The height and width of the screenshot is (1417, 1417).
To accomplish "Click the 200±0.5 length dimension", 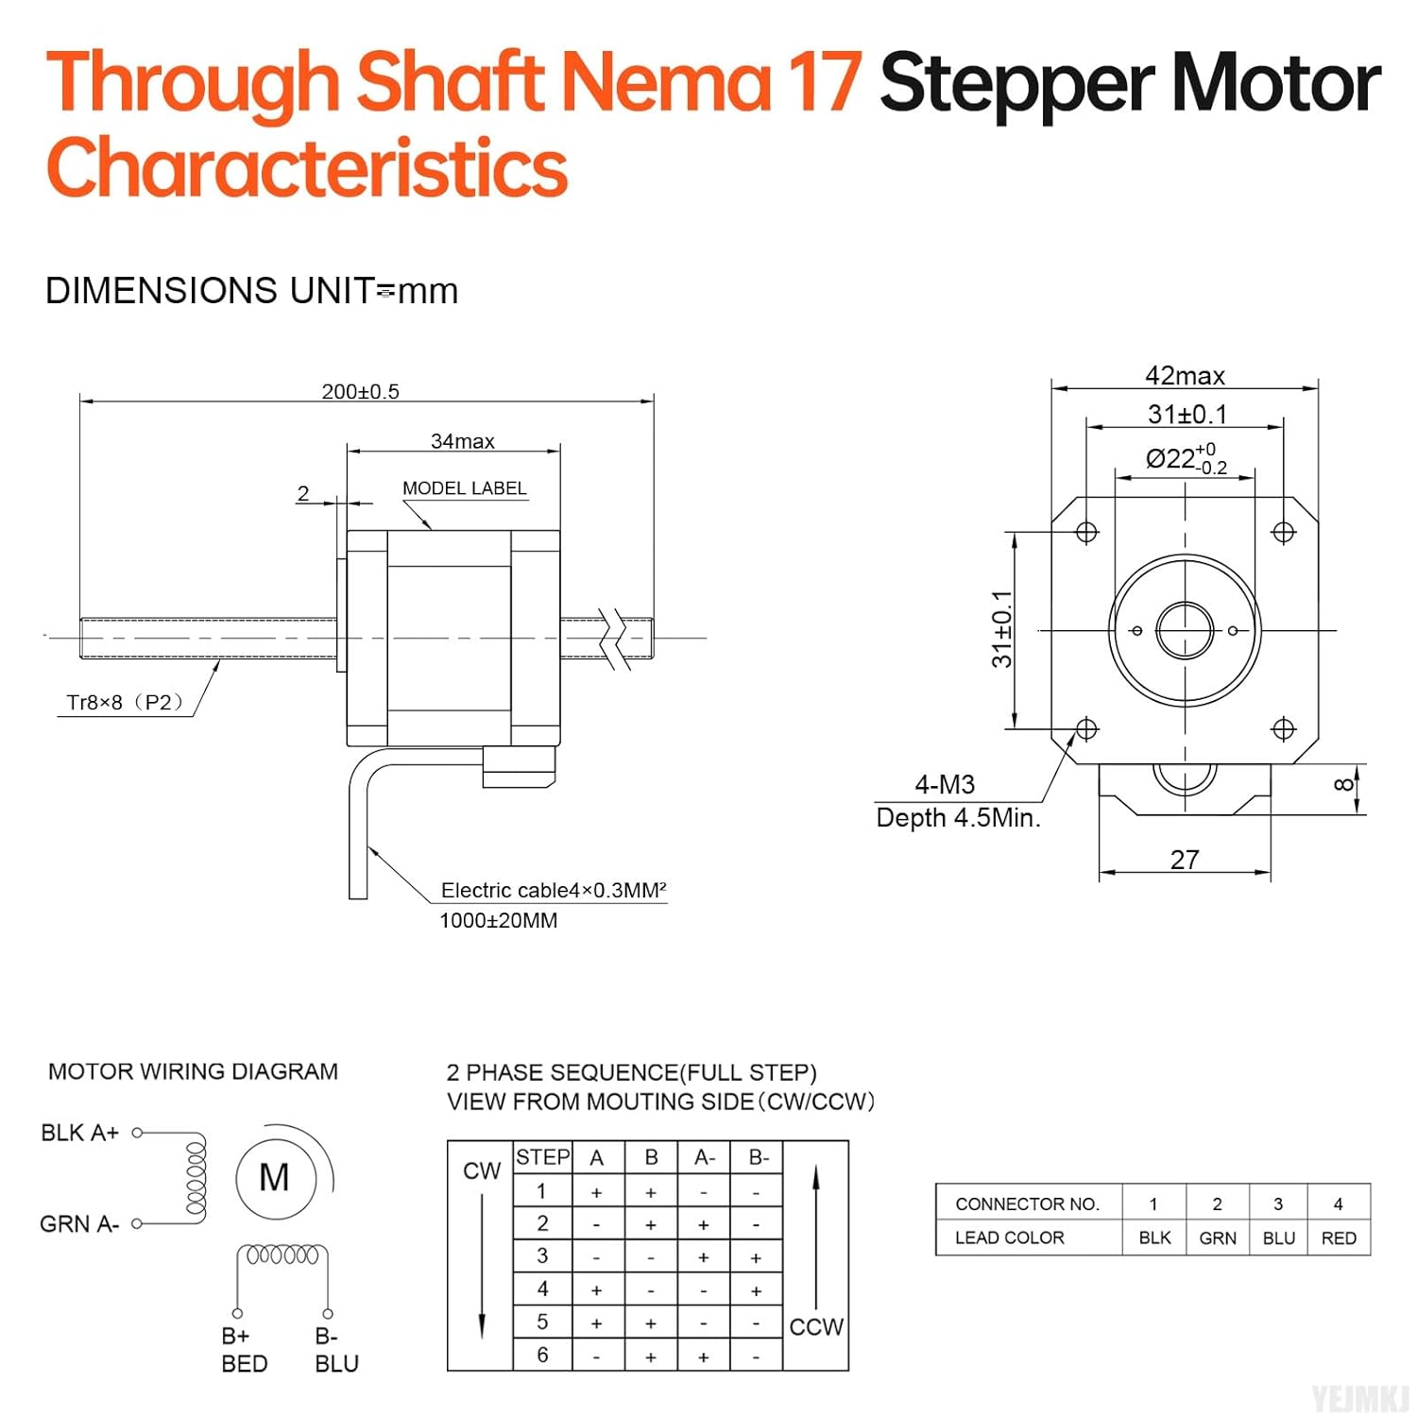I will [360, 391].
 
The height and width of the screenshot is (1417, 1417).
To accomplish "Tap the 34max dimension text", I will [462, 441].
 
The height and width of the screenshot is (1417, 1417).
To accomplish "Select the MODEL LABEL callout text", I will [464, 488].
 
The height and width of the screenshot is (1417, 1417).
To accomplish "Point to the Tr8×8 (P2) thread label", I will [124, 702].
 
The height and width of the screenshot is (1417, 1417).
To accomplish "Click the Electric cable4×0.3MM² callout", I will [553, 890].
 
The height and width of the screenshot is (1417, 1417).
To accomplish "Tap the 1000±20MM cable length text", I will [498, 920].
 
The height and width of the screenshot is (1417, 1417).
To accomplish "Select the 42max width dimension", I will [1185, 376].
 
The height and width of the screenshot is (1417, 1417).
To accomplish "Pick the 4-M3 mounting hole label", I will [944, 784].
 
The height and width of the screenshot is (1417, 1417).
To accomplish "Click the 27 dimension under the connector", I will [1185, 860].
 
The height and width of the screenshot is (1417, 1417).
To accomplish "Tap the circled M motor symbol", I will [275, 1178].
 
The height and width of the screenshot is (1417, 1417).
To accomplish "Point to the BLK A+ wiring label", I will [80, 1133].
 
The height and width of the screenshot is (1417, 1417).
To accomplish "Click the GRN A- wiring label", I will [79, 1224].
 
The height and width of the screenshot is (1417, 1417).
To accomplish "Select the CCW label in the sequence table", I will [815, 1327].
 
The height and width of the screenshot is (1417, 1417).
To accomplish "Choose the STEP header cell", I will [542, 1157].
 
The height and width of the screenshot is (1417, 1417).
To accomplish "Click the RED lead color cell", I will [1339, 1238].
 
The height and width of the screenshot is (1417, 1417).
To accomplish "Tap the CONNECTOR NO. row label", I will [1027, 1204].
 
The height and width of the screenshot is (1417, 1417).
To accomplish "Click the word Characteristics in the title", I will [307, 167].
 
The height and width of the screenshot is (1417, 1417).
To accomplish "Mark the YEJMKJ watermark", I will [1359, 1397].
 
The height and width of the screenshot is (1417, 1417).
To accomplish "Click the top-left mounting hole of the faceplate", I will [1086, 532].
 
